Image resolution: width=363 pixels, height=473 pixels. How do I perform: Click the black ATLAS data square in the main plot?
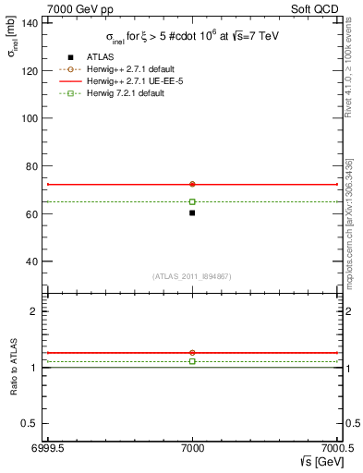click(x=192, y=212)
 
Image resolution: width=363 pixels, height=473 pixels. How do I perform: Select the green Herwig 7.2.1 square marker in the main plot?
click(x=192, y=201)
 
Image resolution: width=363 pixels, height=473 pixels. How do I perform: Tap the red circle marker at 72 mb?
click(x=192, y=184)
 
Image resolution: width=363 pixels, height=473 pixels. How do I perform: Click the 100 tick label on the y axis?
click(x=30, y=118)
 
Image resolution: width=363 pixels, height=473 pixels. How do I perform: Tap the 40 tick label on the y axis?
click(x=33, y=261)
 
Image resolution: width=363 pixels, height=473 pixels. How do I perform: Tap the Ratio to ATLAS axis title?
click(x=12, y=370)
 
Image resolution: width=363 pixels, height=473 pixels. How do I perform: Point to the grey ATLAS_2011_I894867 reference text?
click(x=191, y=277)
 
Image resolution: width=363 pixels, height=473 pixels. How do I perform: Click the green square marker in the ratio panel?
click(x=192, y=361)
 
